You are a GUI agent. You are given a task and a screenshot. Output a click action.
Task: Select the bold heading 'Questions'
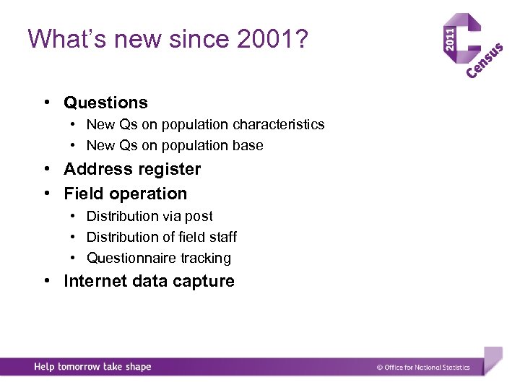pos(105,103)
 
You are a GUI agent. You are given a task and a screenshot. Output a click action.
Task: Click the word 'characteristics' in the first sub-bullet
pos(279,124)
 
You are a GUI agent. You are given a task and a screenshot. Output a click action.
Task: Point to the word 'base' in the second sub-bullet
pos(248,145)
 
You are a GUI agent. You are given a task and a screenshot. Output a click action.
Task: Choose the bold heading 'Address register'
pos(132,169)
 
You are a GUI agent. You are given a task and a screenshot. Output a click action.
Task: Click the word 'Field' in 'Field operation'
pos(82,194)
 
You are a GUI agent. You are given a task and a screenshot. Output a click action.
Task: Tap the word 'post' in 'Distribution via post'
pos(199,216)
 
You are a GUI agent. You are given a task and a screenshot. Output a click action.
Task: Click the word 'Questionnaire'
pos(127,258)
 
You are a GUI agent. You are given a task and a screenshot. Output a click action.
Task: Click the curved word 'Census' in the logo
pos(485,61)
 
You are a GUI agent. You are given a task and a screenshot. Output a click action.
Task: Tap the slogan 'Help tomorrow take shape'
pos(92,367)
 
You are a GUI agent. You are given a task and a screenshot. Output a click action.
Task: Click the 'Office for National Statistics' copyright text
pos(423,367)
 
